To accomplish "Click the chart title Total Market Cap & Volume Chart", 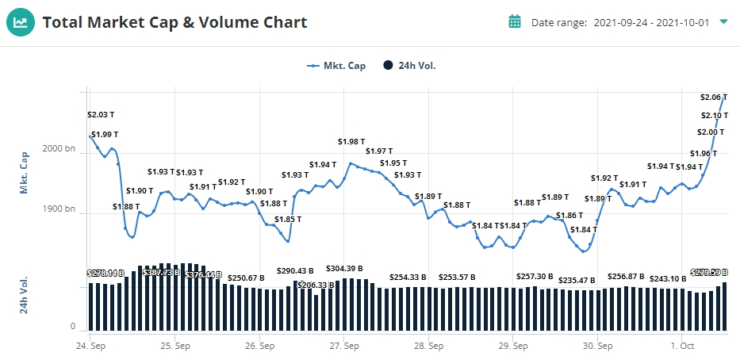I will click(174, 22).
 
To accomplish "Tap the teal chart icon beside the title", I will click(21, 22).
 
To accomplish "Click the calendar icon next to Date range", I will click(515, 21).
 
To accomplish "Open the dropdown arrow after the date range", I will click(723, 21).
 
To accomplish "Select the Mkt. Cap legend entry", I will click(336, 66).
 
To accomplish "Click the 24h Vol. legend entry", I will click(409, 66).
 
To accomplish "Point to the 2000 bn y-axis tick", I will click(59, 149).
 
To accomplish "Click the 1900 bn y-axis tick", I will click(59, 210).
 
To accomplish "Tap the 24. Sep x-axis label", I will click(91, 346).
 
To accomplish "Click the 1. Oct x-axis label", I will click(682, 346).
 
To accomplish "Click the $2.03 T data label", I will click(101, 115).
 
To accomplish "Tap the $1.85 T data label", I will click(289, 220).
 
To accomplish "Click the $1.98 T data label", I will click(351, 141).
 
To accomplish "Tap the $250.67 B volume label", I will click(246, 278).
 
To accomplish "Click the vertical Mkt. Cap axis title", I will click(24, 173).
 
